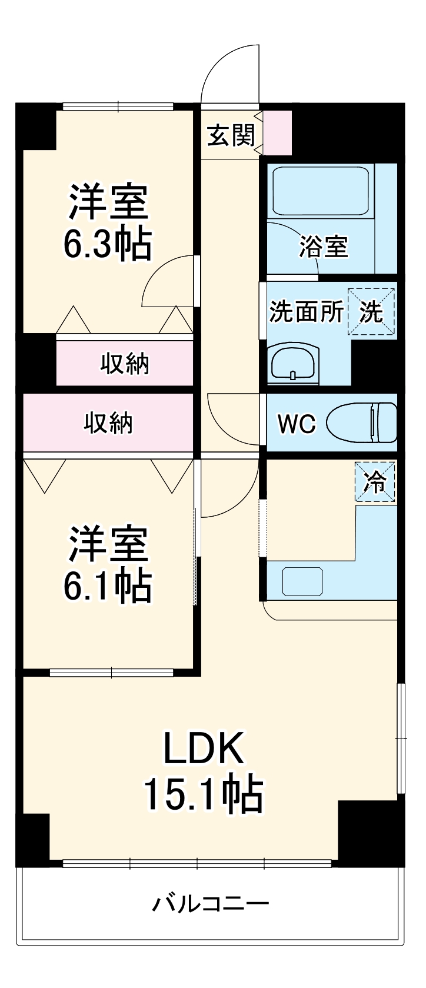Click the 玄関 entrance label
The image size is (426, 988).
point(231,137)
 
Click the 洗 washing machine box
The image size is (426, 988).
point(371,312)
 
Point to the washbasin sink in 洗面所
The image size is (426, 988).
point(294,365)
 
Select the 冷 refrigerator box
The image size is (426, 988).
point(374,482)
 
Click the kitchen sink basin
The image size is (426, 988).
point(302,581)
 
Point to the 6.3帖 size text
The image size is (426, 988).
point(108,244)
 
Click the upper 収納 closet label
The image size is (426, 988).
point(125,364)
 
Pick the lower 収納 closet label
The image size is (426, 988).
point(108,423)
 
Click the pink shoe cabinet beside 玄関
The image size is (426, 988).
point(277,132)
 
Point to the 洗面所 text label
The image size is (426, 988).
point(306,312)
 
